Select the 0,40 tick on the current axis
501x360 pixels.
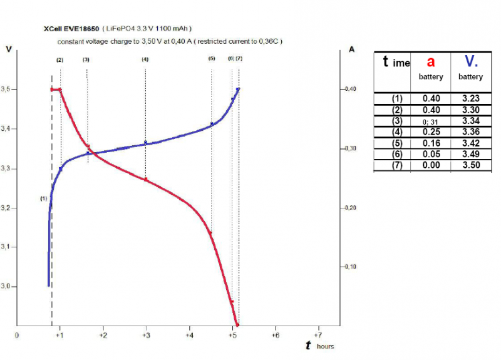348,90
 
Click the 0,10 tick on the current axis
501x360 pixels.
348,267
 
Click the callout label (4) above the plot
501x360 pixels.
145,59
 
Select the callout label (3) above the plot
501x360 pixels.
86,59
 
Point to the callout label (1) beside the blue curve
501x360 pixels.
43,198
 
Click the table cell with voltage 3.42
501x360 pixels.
470,143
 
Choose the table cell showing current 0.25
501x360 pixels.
430,131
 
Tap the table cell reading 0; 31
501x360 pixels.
430,121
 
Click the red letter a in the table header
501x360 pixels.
430,61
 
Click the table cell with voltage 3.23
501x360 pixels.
470,98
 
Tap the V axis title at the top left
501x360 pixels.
8,48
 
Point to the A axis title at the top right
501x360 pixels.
352,48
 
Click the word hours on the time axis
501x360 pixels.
325,346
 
